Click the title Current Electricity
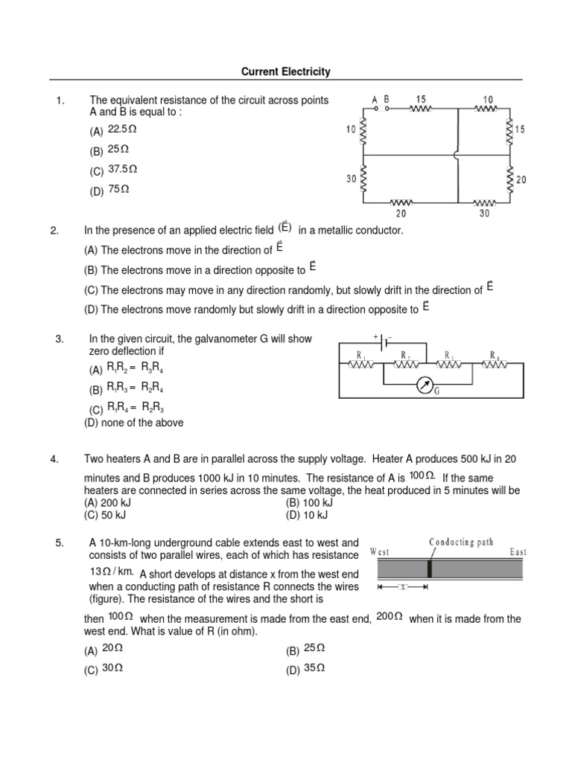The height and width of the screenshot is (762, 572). pos(285,72)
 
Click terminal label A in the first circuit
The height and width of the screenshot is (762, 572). pos(375,98)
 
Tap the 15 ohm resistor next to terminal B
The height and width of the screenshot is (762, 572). pos(421,109)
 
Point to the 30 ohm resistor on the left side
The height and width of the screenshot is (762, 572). pos(363,180)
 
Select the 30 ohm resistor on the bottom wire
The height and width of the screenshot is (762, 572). pos(485,202)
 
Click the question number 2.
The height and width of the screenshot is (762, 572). pos(54,231)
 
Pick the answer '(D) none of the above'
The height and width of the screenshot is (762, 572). pos(133,423)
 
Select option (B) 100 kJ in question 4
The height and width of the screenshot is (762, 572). pos(308,503)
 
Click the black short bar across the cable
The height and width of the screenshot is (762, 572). pos(430,569)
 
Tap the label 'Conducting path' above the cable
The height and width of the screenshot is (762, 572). pos(461,542)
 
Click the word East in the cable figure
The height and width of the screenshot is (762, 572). pos(518,552)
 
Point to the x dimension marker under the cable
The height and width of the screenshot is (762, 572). pos(403,587)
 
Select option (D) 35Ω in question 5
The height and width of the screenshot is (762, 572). pos(305,669)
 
